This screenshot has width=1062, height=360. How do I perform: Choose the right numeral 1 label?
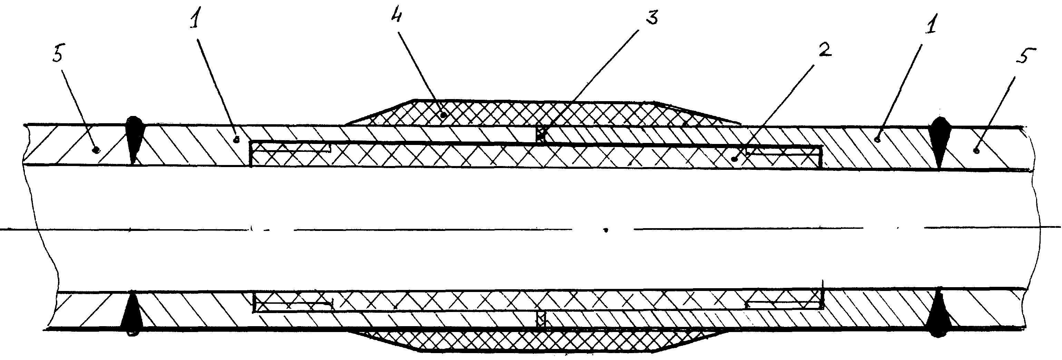(x=930, y=27)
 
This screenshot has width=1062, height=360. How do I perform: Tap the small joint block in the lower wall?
(x=540, y=320)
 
